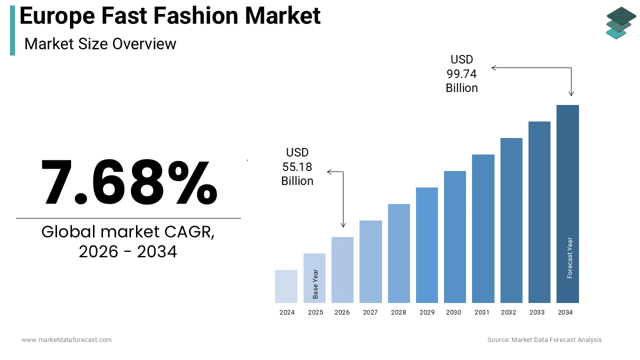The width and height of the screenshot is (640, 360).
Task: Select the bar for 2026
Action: (342, 270)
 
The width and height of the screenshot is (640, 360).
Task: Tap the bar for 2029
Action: (427, 245)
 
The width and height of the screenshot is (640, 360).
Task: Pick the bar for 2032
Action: (511, 220)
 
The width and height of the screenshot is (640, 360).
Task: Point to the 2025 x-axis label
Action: (315, 312)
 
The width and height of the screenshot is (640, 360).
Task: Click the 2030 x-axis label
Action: (453, 312)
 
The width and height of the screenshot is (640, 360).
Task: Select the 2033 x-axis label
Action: (537, 312)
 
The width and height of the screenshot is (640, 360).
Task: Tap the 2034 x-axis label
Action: (565, 312)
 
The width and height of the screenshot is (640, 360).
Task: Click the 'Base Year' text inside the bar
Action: (315, 284)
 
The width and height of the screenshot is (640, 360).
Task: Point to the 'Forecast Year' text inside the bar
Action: (570, 257)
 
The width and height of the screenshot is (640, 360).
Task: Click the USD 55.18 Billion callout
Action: (297, 166)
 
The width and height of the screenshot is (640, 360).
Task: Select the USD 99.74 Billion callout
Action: (461, 74)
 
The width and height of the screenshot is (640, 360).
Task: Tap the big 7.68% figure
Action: (129, 182)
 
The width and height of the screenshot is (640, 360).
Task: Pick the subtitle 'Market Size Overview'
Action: (100, 44)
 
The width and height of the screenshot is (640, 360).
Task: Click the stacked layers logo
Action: (620, 23)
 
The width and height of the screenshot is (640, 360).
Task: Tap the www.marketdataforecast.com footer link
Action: (66, 340)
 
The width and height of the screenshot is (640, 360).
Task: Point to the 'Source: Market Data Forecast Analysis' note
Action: (544, 340)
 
